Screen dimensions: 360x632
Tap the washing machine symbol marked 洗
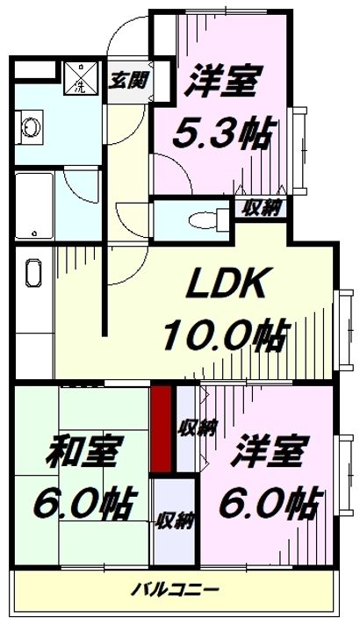point(81,77)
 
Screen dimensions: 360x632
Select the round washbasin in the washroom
point(30,128)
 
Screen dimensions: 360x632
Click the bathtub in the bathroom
point(34,205)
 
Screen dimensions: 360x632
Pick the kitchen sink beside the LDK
point(33,273)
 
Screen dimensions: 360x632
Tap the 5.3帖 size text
point(220,133)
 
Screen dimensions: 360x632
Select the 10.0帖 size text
point(227,334)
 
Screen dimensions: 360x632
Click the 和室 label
point(83,451)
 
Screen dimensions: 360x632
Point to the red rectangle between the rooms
point(162,429)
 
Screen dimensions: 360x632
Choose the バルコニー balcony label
point(175,591)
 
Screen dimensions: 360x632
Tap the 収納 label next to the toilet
point(261,208)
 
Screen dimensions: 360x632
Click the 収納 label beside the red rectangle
point(198,428)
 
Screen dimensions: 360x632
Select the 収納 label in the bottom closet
point(175,521)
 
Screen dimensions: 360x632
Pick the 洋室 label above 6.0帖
point(266,451)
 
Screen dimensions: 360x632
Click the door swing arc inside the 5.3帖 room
point(181,165)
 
